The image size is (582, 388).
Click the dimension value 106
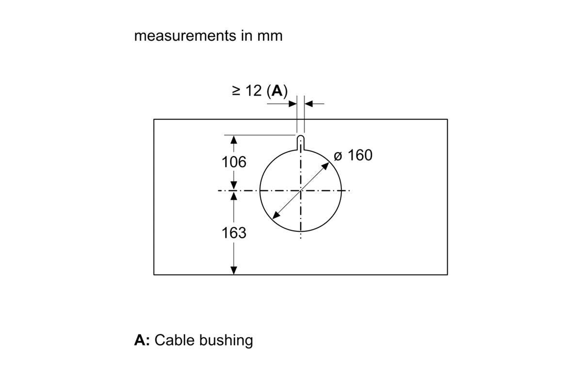(234, 162)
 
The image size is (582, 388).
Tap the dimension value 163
(234, 233)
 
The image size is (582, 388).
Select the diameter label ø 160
(353, 155)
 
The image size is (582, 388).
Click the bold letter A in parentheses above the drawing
(277, 91)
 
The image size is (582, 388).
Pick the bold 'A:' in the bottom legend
(142, 340)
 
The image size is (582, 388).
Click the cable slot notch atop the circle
(301, 143)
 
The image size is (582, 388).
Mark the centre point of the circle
(301, 191)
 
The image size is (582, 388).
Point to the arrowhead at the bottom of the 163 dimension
(234, 271)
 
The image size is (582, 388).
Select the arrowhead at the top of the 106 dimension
(234, 139)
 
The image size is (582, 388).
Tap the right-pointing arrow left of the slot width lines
(293, 103)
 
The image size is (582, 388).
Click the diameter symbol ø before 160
(338, 156)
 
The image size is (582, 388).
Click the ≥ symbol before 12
(237, 91)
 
